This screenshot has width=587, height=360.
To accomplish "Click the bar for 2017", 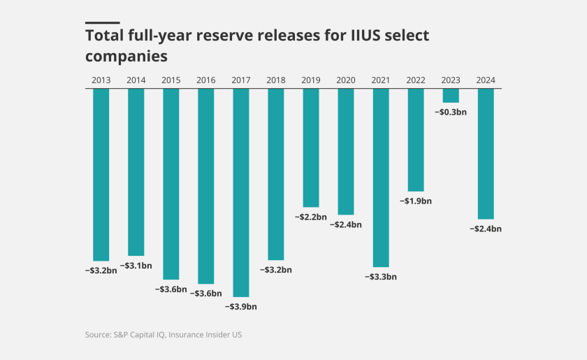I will tap(241, 192).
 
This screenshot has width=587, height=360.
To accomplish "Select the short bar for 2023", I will tap(451, 96).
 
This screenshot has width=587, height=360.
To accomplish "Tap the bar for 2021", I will tap(381, 178).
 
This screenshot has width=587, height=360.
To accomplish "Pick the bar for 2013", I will tap(101, 175).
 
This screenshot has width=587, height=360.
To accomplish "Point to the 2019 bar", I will tap(311, 147).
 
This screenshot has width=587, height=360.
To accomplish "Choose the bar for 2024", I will tap(486, 154).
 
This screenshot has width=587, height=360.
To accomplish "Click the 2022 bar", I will tap(416, 140).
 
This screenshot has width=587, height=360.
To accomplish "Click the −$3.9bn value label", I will tap(241, 306).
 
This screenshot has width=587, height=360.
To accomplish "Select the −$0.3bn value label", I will tap(451, 112).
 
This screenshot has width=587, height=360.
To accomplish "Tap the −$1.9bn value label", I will tap(416, 201).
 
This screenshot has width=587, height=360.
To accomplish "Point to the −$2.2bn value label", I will tap(311, 217).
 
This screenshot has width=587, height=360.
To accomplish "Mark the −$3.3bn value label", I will tap(381, 276).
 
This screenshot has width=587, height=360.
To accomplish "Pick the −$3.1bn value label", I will tap(136, 266).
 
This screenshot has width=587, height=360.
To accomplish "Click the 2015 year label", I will tap(171, 80).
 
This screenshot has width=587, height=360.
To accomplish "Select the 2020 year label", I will tap(346, 80).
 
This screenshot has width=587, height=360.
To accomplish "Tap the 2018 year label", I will tap(276, 80).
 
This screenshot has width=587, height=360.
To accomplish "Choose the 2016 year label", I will tap(206, 80).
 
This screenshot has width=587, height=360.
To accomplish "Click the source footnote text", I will tap(164, 335).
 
